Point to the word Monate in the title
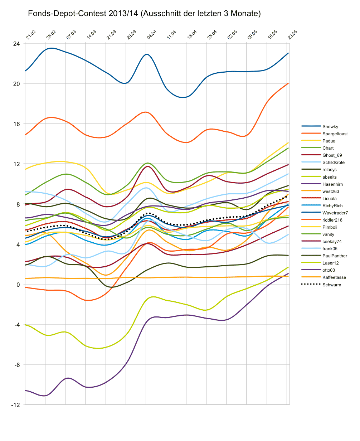pos(247,14)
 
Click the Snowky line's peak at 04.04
pos(146,54)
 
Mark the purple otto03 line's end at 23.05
pos(288,274)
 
